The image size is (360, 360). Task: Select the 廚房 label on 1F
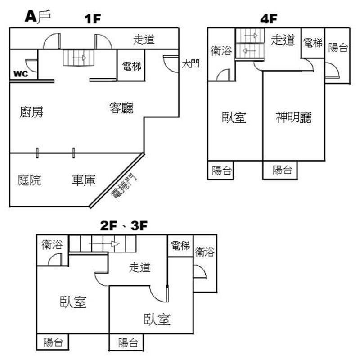click(31, 112)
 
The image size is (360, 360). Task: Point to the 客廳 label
click(122, 108)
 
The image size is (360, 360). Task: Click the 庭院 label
click(30, 180)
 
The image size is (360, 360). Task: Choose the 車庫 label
click(83, 180)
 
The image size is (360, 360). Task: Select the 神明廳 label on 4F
click(294, 118)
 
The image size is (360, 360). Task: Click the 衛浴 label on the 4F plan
click(221, 51)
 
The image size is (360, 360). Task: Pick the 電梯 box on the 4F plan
click(313, 43)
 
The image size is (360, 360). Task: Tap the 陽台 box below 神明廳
click(283, 170)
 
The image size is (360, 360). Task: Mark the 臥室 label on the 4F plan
click(234, 118)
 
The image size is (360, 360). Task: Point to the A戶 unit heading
click(38, 17)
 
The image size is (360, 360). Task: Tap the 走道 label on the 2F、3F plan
click(139, 267)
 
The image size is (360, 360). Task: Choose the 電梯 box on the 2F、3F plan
click(180, 246)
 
